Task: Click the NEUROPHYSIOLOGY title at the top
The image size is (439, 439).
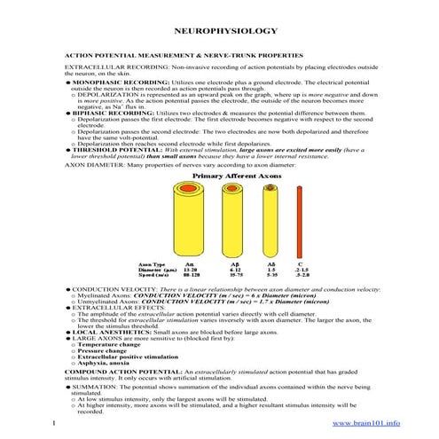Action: click(x=218, y=29)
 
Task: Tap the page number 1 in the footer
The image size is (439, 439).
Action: click(x=55, y=424)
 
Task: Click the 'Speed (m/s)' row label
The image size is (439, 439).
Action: click(x=154, y=275)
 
